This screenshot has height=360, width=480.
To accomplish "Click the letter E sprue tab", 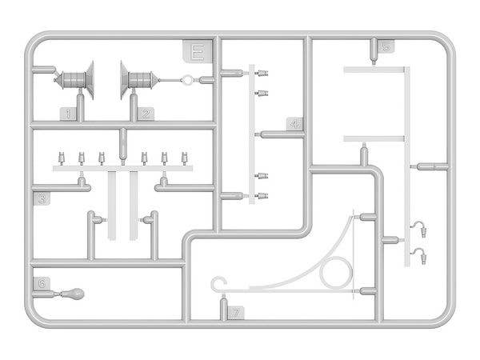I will [195, 53].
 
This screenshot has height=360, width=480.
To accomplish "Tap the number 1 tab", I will [70, 114].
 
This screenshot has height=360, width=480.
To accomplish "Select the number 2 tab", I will [145, 114].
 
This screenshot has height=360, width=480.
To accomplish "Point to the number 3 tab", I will [43, 198].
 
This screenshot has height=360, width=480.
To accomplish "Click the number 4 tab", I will [295, 125].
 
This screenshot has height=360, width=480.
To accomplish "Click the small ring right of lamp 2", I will [188, 80].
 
